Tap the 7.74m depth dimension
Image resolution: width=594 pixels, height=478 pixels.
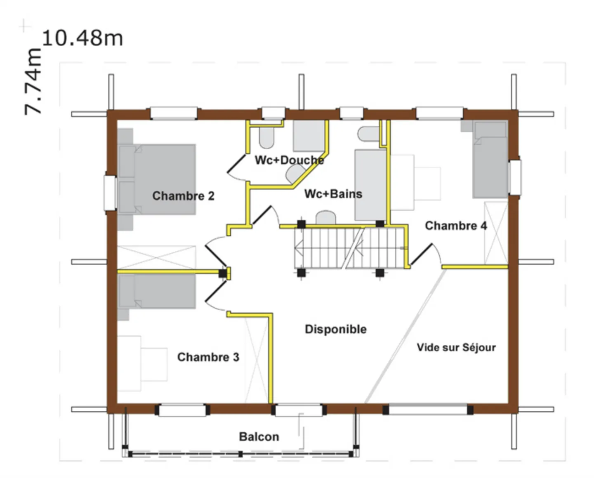[x=33, y=82]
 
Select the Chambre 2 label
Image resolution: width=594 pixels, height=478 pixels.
[x=183, y=196]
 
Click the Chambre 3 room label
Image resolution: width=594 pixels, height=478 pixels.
[x=208, y=357]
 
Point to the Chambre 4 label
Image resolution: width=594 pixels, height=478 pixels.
[x=456, y=226]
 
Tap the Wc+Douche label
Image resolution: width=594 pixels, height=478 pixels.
[x=289, y=160]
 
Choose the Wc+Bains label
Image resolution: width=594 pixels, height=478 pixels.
[x=333, y=194]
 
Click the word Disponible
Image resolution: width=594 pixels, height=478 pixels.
[x=336, y=329]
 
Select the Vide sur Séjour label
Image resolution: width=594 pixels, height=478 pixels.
[x=456, y=347]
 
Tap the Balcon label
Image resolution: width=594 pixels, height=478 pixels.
[x=259, y=437]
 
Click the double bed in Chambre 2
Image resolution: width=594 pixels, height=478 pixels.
[x=157, y=179]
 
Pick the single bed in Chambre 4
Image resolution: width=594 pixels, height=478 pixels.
[x=490, y=160]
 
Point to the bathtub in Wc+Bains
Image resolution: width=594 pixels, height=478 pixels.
[x=370, y=185]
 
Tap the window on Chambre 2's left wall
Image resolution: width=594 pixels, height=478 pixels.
[x=110, y=193]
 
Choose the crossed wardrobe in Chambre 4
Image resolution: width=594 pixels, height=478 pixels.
[x=496, y=233]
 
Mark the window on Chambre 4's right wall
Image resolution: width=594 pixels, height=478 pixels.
[x=515, y=177]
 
